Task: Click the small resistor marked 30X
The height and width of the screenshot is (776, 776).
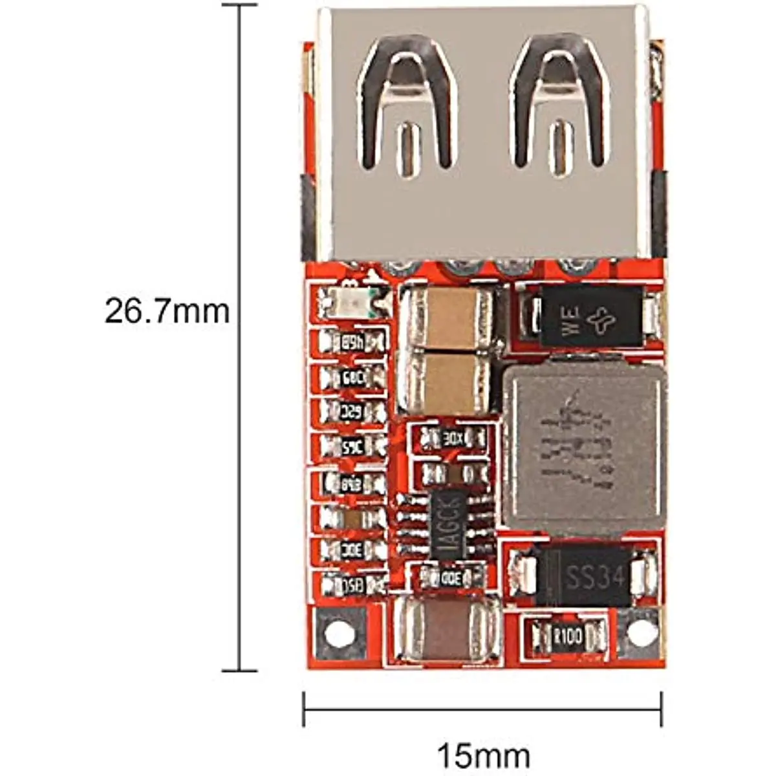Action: point(453,439)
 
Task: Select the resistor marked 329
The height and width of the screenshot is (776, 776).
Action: point(353,411)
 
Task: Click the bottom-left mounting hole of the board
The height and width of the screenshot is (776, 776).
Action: point(339,634)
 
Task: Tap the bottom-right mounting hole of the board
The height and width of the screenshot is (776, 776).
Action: point(639,634)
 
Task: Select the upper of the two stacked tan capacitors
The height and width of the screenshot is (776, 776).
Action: point(446,319)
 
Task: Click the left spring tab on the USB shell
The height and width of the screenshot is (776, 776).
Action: point(408,103)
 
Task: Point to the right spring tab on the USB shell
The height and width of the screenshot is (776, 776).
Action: point(560,103)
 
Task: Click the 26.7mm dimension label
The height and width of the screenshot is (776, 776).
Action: point(167,311)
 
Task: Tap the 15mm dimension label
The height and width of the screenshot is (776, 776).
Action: point(483,755)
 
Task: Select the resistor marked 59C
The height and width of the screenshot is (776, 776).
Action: point(353,446)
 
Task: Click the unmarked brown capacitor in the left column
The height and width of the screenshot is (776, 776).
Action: point(353,518)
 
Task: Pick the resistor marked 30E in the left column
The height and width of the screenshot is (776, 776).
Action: point(353,550)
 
